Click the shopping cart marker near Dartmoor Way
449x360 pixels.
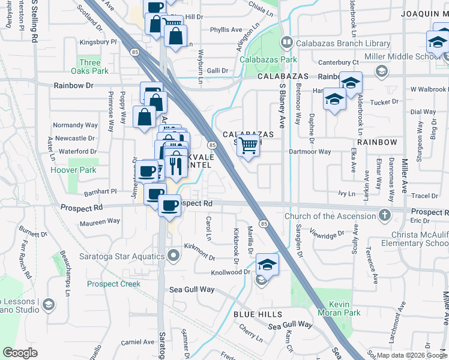click(249, 145)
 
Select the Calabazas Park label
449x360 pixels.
click(268, 59)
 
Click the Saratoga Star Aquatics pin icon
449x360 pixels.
click(174, 257)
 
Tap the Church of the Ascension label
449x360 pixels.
click(331, 216)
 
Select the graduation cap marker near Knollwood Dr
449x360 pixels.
click(267, 263)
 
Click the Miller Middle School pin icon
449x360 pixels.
click(381, 71)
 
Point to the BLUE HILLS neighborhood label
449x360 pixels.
click(257, 314)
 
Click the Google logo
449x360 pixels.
click(20, 353)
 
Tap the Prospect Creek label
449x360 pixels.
click(113, 284)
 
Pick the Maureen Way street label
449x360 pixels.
click(100, 221)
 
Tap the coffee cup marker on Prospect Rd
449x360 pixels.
click(170, 205)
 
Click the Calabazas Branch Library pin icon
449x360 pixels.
click(287, 43)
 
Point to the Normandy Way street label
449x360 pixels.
click(75, 125)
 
